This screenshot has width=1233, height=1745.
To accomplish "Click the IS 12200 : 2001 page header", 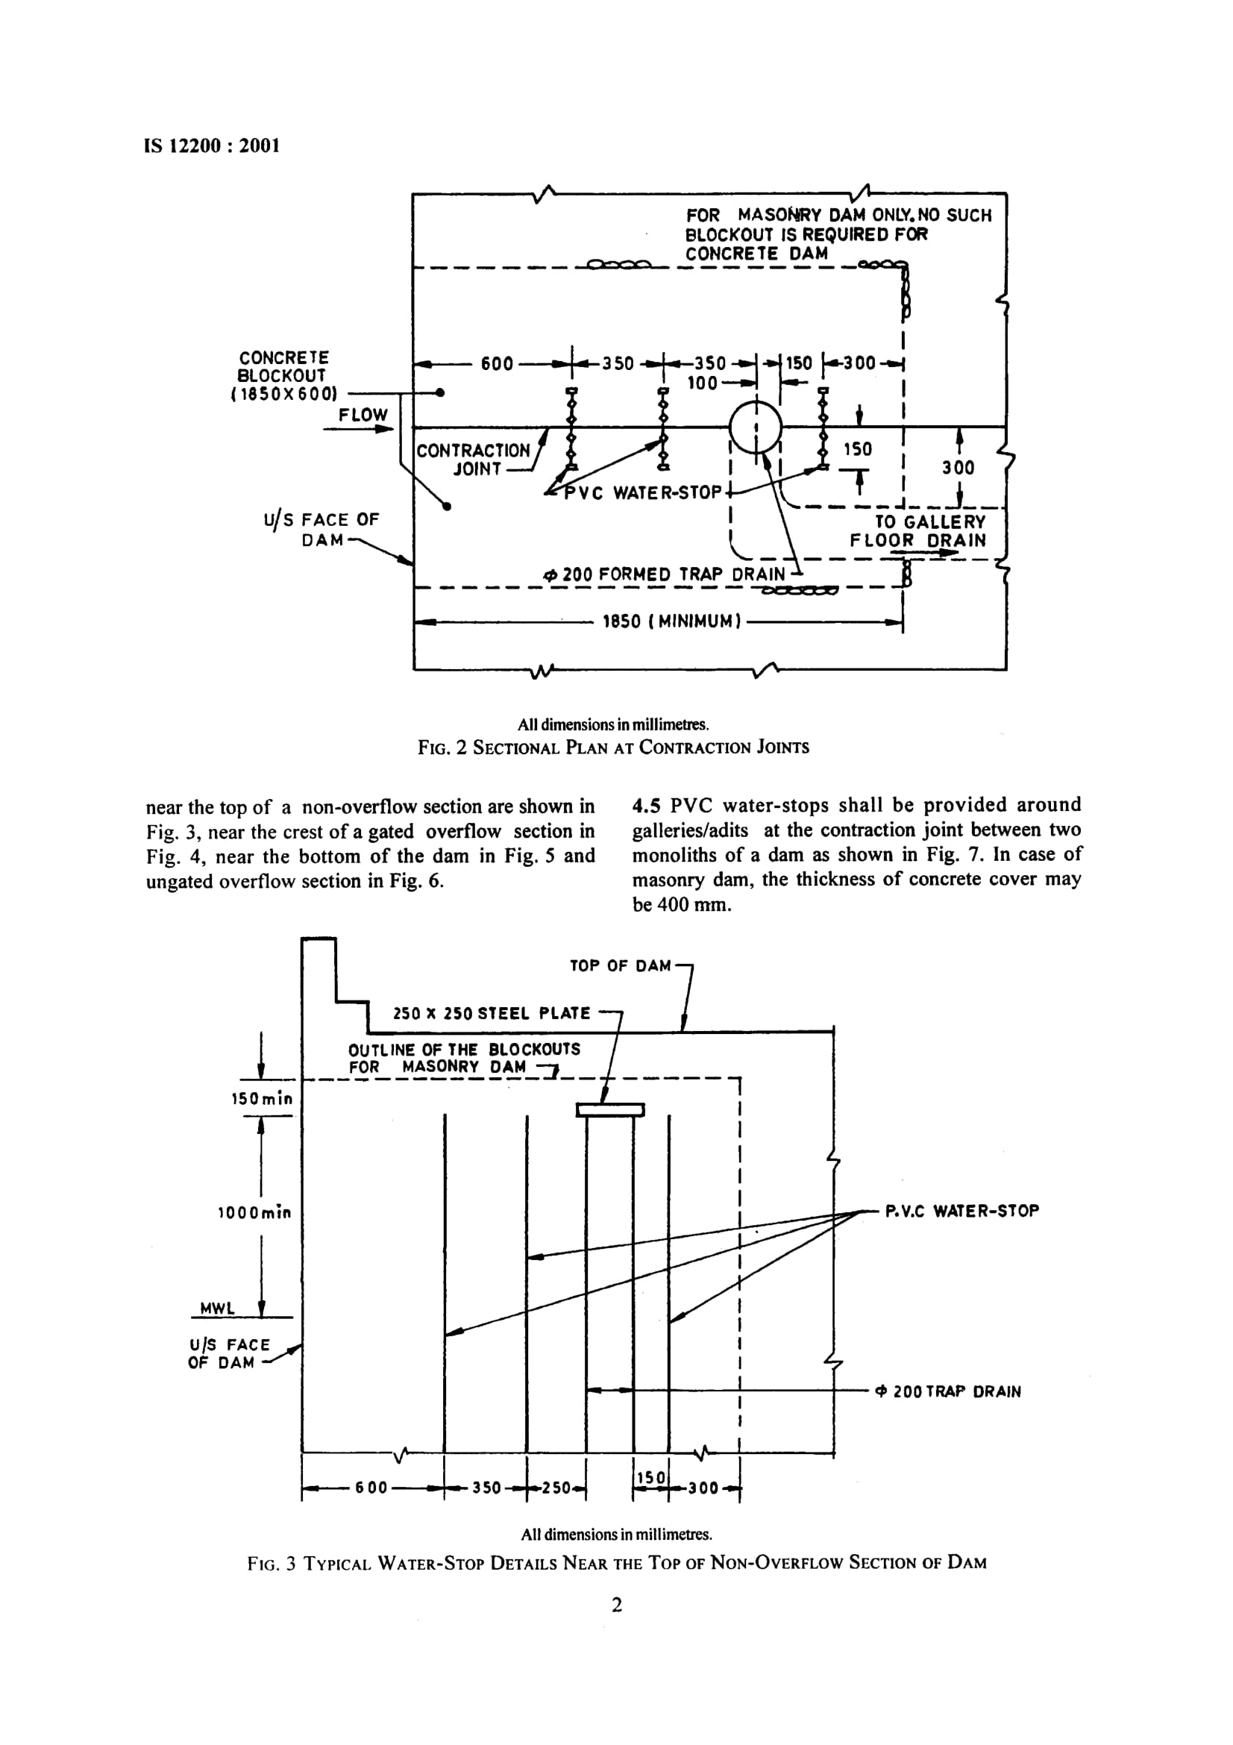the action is point(212,146).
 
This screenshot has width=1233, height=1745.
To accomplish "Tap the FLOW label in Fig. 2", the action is point(363,415).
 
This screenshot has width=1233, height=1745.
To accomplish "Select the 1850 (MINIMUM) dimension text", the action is point(671,621).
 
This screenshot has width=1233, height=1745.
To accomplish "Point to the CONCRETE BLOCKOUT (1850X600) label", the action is point(283,375).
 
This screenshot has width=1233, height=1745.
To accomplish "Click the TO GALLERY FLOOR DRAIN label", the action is point(917,531).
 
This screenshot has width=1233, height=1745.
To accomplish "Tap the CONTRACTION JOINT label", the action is point(474,460).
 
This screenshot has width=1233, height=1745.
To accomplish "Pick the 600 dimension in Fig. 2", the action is point(498,364).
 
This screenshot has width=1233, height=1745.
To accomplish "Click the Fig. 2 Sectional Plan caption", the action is point(614,747).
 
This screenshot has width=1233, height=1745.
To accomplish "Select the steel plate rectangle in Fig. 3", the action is point(610,1110).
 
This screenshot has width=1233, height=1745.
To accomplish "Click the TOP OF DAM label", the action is point(621,966).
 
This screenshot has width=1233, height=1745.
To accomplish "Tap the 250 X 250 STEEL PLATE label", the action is point(492,1013).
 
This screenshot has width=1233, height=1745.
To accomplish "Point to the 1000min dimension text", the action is point(254,1212).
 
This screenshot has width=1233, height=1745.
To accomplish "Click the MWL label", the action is point(218,1308).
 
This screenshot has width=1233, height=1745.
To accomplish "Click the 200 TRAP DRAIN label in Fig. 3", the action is point(949,1391).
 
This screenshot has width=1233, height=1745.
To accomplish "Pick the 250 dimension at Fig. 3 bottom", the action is point(556,1488).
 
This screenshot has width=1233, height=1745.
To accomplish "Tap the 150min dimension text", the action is point(262,1098).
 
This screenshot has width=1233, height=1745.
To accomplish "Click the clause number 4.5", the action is point(646,805).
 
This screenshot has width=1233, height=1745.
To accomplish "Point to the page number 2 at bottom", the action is point(616,1605).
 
